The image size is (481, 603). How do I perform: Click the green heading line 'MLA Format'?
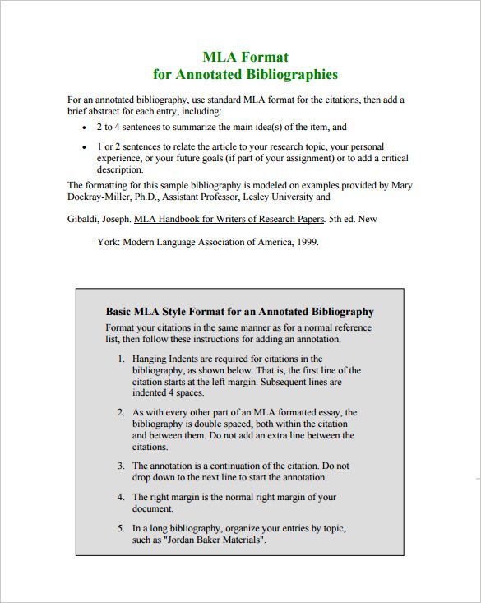coord(245,57)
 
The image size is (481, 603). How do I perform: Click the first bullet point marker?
coord(86,128)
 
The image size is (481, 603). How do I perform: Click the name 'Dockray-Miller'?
coord(99,197)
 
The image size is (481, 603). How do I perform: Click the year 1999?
coord(304,243)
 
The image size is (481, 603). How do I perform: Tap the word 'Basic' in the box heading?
coord(120,313)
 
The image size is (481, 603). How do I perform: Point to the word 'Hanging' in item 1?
coord(150,359)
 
